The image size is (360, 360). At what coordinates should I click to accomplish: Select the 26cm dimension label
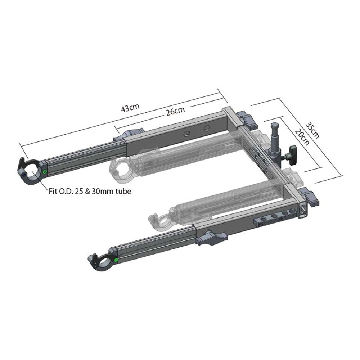click(175, 111)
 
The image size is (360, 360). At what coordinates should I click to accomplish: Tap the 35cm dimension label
click(312, 129)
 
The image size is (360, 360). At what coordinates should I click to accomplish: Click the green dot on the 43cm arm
click(45, 172)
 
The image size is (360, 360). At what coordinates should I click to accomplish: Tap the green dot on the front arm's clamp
click(116, 260)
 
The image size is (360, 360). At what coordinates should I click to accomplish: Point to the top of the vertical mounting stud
click(275, 125)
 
